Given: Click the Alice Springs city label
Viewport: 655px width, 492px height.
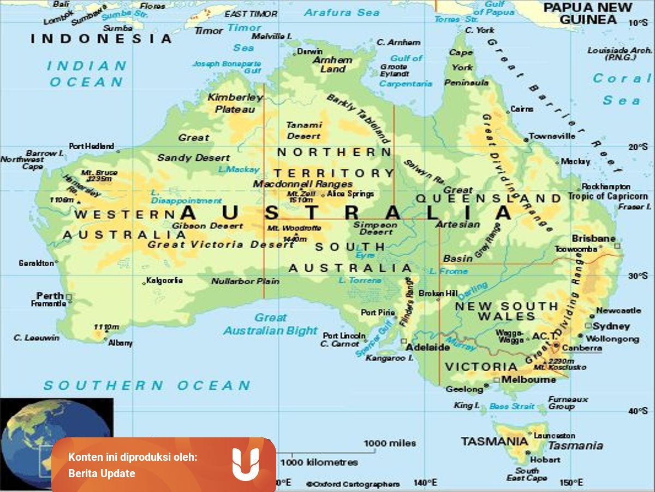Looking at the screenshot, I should [x=350, y=194].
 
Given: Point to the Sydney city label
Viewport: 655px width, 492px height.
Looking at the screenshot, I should [x=611, y=326].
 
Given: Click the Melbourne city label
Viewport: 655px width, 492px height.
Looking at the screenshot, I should [x=528, y=379].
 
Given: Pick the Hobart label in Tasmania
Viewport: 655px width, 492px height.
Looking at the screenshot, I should [x=544, y=459].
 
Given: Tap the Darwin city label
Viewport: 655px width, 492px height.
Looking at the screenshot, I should [x=309, y=52].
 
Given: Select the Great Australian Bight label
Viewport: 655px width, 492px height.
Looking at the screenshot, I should [x=270, y=324].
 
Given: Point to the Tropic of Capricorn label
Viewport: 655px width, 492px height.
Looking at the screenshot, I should [x=608, y=196].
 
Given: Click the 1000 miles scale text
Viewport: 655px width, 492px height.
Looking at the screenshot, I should [x=390, y=443].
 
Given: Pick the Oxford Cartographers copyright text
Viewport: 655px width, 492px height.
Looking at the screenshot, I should [x=353, y=484].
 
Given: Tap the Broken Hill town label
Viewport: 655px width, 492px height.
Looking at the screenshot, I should [x=438, y=294].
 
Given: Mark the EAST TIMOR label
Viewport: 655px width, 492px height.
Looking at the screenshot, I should [x=251, y=14].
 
